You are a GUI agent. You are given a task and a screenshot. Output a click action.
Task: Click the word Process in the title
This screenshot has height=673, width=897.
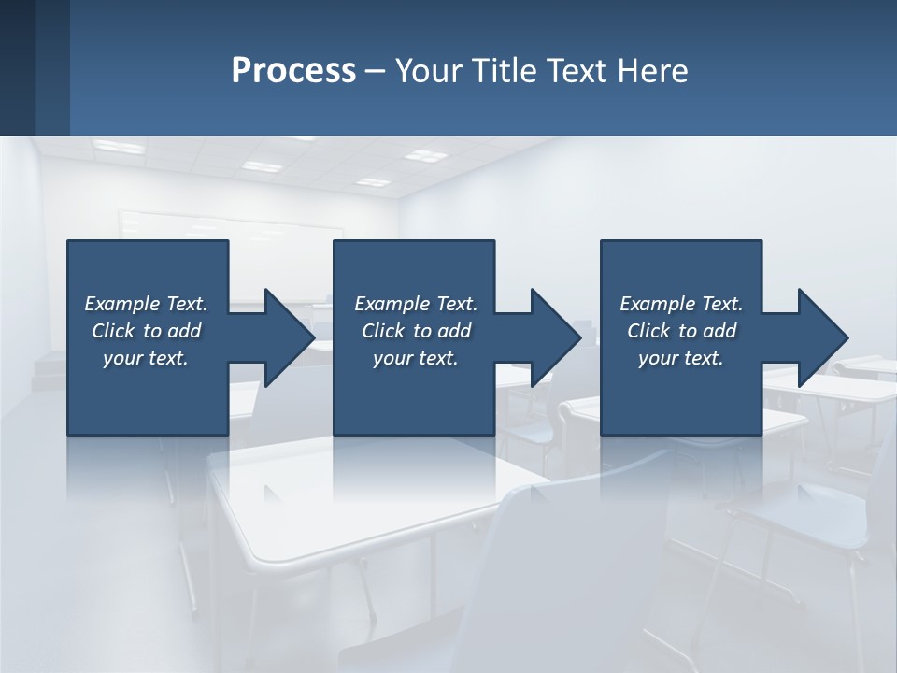(293, 71)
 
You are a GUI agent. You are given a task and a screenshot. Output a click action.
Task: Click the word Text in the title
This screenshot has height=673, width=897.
(581, 71)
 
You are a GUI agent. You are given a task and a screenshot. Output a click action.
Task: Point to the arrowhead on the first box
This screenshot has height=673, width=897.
(289, 337)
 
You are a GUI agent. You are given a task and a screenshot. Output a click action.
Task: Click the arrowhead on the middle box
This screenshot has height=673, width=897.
(555, 337)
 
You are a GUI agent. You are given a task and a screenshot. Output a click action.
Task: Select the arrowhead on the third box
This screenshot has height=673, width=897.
(822, 337)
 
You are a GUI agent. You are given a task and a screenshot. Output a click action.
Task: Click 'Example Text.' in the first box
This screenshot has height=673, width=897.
(146, 304)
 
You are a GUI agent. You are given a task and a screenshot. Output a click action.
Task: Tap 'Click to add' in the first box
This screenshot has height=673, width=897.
(146, 331)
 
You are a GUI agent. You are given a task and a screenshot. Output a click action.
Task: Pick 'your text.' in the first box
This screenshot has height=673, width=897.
(146, 358)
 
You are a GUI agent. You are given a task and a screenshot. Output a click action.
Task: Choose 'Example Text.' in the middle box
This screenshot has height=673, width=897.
(415, 304)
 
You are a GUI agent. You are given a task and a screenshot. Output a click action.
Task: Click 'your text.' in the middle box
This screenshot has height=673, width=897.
(415, 358)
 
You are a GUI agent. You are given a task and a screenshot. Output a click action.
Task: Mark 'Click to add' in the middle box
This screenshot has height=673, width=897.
(415, 331)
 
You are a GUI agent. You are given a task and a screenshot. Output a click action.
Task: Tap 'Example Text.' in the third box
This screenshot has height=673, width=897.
(681, 304)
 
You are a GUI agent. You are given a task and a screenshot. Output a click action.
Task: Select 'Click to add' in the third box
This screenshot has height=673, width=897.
(681, 331)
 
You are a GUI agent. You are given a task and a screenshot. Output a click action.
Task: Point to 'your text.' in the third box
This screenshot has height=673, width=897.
(681, 358)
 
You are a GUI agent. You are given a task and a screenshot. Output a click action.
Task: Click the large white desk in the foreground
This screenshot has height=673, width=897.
(374, 505)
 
